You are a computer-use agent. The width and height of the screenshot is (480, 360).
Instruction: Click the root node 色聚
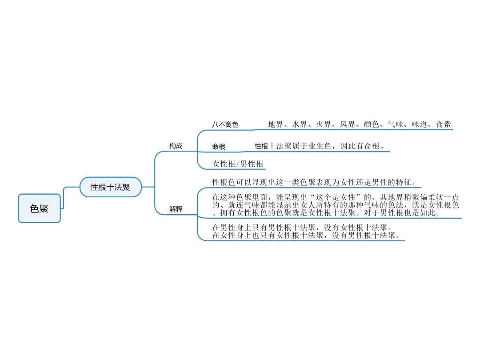(39, 208)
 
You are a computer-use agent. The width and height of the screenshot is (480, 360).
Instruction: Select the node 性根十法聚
(110, 187)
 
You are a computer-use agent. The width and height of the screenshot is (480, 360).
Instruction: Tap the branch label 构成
(176, 146)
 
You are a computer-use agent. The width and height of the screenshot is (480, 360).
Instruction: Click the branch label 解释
(176, 209)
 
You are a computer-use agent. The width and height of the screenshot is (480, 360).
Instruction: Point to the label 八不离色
(225, 124)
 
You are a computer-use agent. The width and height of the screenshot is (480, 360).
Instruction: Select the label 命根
(219, 147)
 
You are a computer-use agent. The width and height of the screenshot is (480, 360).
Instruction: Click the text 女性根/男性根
(238, 164)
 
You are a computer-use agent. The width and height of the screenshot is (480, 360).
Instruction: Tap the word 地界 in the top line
(276, 124)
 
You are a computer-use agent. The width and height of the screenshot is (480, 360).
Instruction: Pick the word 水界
(300, 124)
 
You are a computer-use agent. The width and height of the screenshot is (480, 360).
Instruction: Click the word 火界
(324, 124)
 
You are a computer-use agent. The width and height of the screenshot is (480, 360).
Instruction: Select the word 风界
(348, 124)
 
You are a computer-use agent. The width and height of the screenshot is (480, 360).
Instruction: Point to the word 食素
(443, 124)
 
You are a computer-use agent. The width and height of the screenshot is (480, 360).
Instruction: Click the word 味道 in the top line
(419, 124)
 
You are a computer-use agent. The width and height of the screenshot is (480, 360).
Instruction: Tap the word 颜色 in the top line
(372, 124)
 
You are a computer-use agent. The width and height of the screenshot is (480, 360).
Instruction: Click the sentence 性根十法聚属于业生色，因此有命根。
(319, 146)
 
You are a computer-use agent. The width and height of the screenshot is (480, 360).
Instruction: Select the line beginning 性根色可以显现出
(314, 182)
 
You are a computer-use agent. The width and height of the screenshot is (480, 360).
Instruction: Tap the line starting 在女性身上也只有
(306, 235)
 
